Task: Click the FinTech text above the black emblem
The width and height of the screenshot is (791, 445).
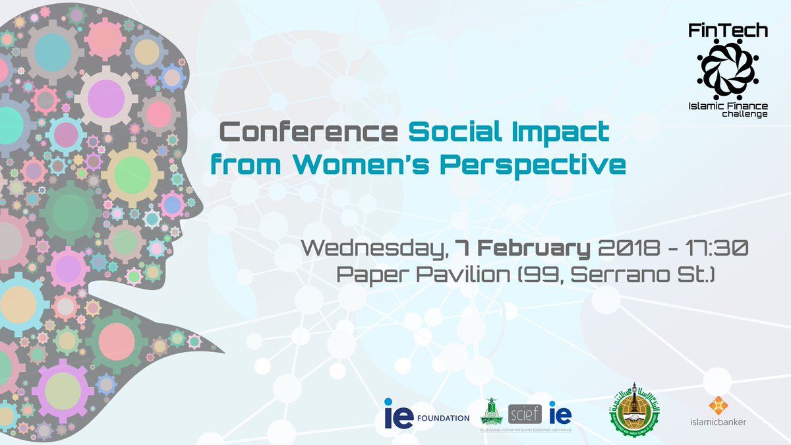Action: (728, 30)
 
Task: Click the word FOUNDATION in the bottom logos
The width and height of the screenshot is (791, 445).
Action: (444, 418)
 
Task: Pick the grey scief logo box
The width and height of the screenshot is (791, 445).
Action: (525, 414)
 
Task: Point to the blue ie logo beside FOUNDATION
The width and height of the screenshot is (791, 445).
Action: (399, 416)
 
